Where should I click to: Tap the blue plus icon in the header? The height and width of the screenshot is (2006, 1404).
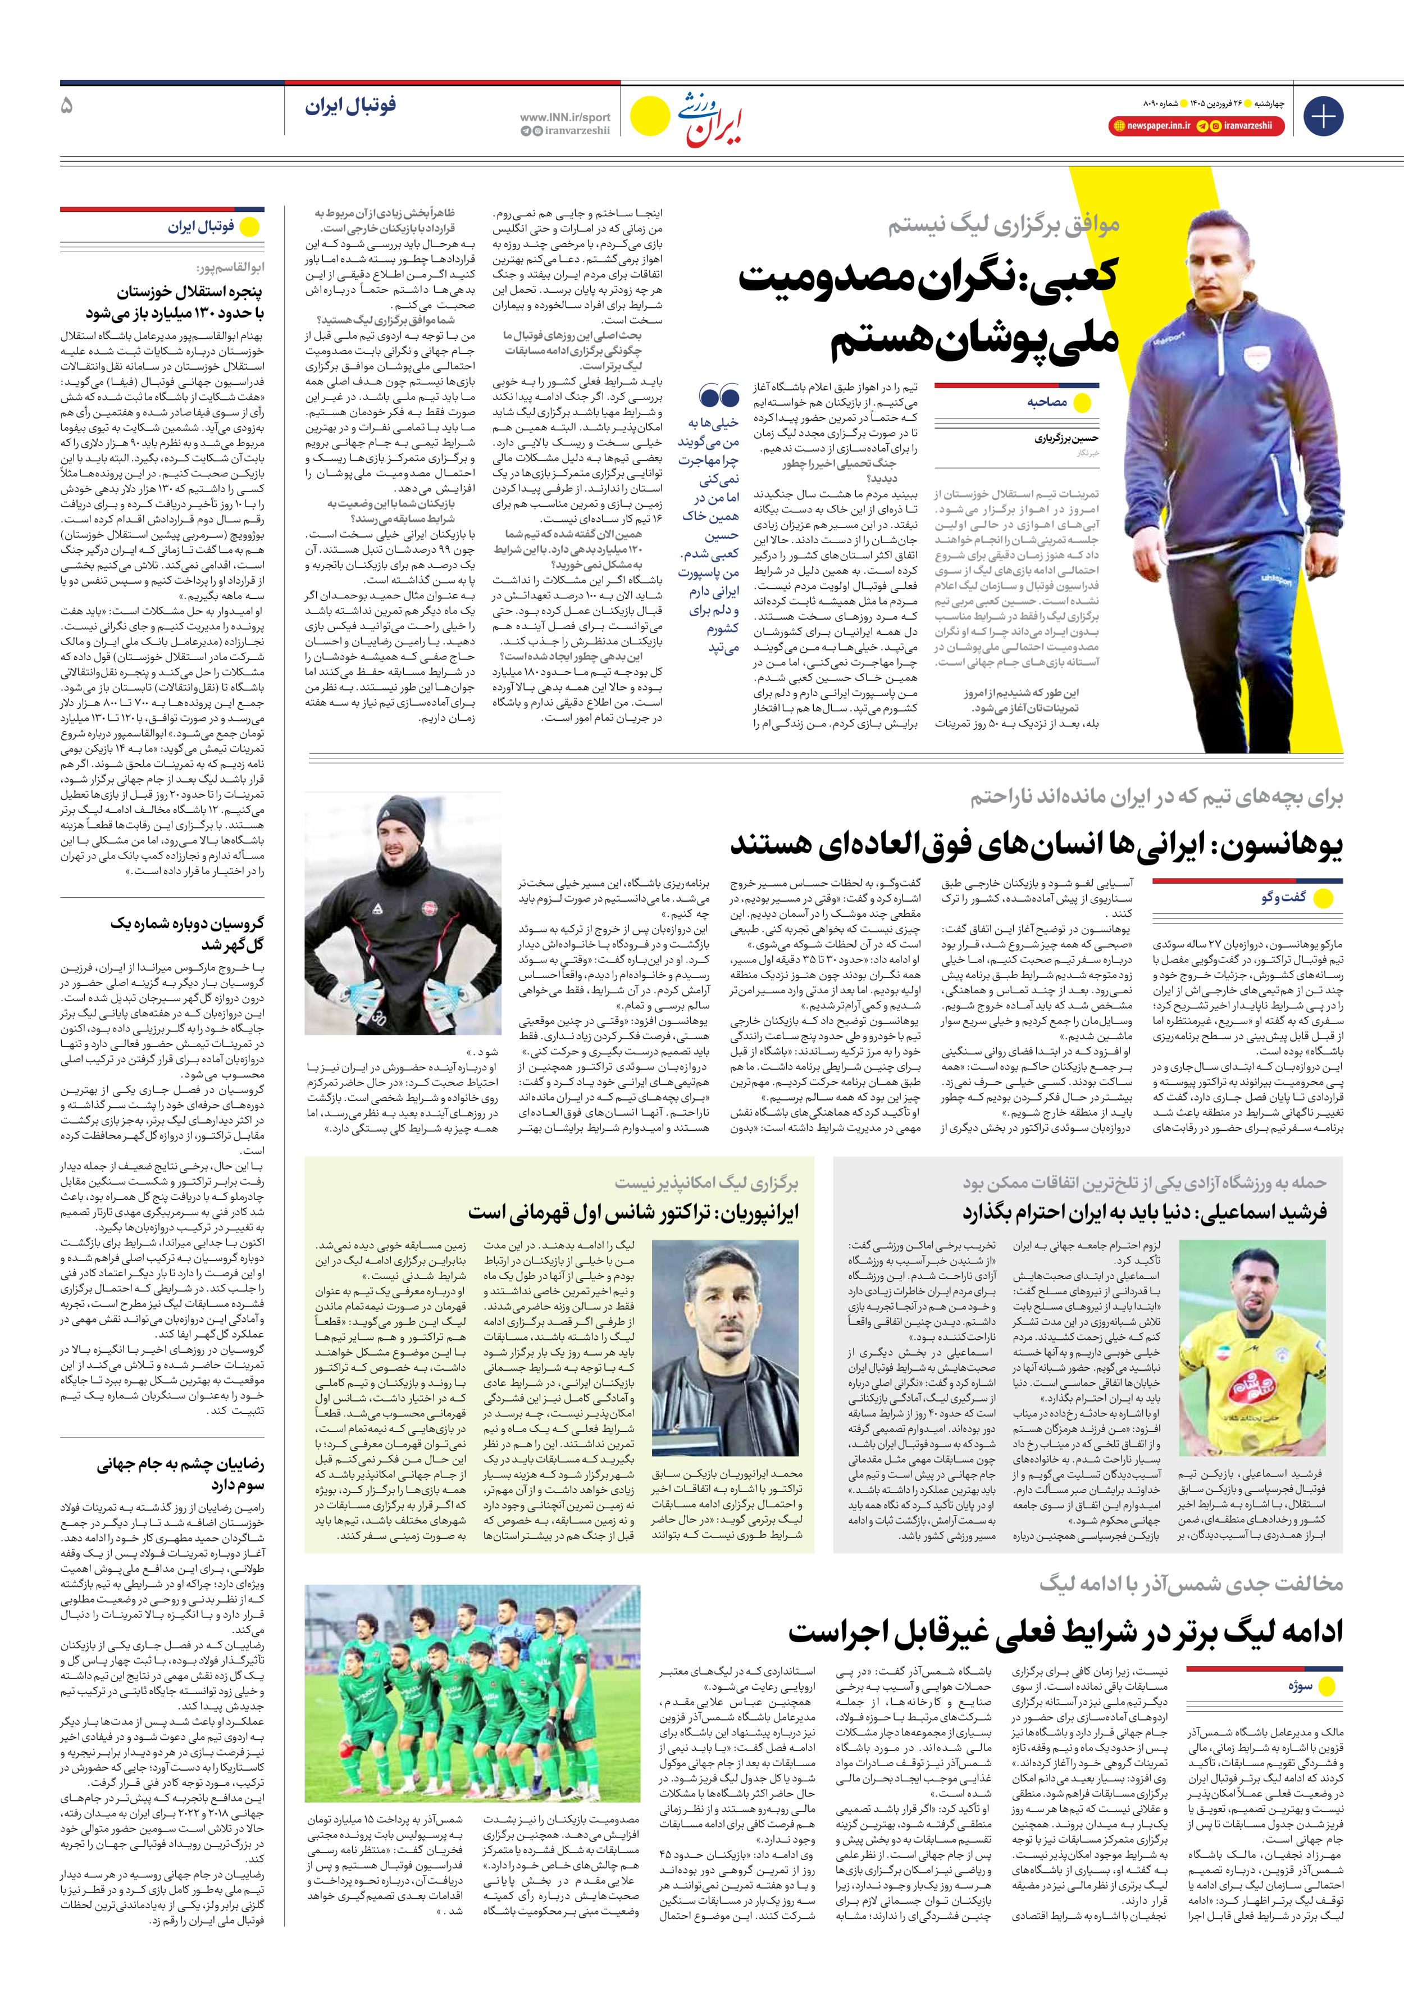[x=1323, y=116]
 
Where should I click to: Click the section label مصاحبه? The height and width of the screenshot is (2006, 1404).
[x=1047, y=402]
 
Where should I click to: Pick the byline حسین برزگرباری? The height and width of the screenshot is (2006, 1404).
[x=1067, y=439]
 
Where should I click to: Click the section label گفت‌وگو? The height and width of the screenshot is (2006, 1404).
[x=1283, y=897]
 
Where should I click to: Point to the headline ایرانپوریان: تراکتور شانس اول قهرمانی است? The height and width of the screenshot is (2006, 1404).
[x=633, y=1213]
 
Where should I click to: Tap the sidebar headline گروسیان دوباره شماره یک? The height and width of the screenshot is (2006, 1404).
[x=187, y=933]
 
